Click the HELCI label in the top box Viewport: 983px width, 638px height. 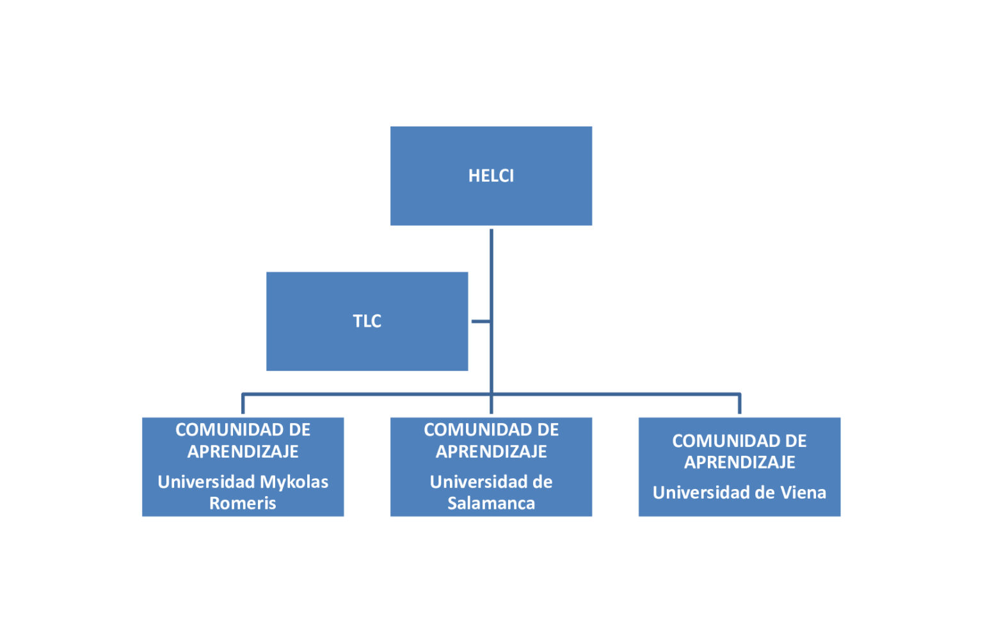click(x=491, y=176)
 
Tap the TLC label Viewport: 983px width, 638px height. click(x=367, y=321)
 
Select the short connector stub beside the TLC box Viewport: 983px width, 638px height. click(x=481, y=321)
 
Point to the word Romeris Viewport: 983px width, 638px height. click(x=243, y=503)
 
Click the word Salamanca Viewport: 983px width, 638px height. click(x=491, y=503)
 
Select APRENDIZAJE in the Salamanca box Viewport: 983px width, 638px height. click(x=491, y=451)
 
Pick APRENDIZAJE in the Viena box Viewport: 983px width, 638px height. click(x=739, y=462)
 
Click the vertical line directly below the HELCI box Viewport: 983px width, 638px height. click(x=491, y=268)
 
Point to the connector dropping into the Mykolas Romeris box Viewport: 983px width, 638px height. click(x=243, y=405)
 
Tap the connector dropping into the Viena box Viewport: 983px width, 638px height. click(x=739, y=405)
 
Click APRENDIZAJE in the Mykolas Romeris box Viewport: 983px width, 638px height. click(x=243, y=451)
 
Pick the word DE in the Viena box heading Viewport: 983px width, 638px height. click(x=795, y=440)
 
